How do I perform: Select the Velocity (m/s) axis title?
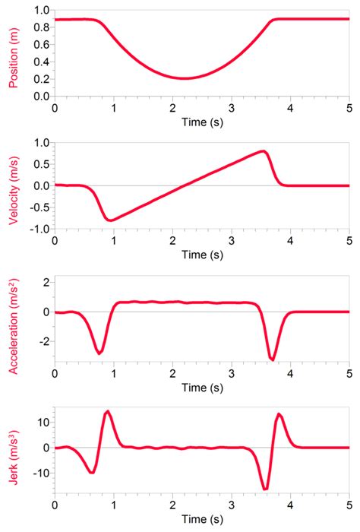tap(13, 186)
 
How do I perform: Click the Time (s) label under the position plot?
tap(201, 122)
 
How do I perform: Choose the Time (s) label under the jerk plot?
tap(201, 519)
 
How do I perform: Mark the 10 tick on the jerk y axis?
tap(43, 422)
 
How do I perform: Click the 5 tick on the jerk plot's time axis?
tap(349, 504)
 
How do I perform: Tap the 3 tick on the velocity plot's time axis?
tap(231, 239)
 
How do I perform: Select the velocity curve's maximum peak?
tap(263, 151)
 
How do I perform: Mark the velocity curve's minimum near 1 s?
tap(112, 220)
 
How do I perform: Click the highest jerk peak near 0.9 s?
tap(108, 411)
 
